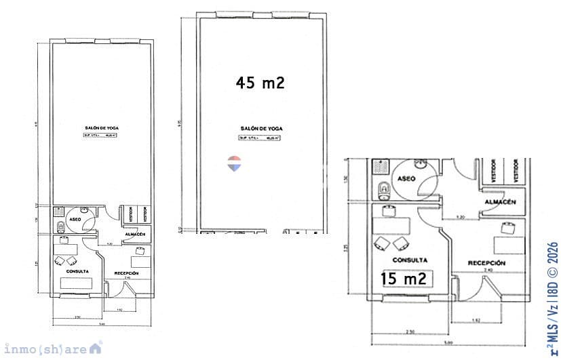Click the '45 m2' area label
tap(260, 83)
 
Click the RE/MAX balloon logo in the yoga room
tap(233, 163)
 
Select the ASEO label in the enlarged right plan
tap(406, 178)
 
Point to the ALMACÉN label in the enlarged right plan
tap(501, 203)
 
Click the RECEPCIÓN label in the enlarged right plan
tap(486, 262)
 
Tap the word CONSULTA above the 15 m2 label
tap(410, 260)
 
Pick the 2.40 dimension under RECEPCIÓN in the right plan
tap(488, 270)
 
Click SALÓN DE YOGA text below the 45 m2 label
tap(261, 128)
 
